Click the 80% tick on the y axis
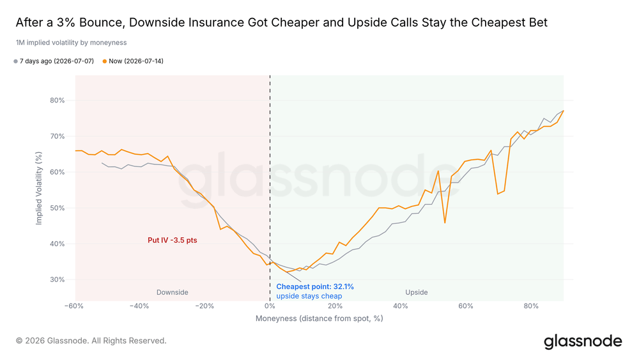click(57, 100)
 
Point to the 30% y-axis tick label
click(57, 279)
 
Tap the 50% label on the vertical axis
click(57, 208)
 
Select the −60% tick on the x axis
click(73, 306)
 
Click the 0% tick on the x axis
click(270, 306)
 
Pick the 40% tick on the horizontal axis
click(400, 306)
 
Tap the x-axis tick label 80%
click(531, 306)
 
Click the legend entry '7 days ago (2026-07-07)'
click(54, 61)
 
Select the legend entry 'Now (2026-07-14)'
click(133, 61)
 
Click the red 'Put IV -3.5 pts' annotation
click(173, 240)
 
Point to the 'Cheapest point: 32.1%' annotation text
click(315, 286)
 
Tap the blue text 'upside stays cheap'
click(309, 296)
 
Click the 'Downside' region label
click(173, 292)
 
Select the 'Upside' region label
click(417, 292)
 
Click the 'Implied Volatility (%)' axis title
click(39, 188)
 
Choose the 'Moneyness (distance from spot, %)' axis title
click(319, 318)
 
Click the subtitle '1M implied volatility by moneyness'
click(72, 42)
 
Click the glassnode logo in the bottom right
click(583, 341)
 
